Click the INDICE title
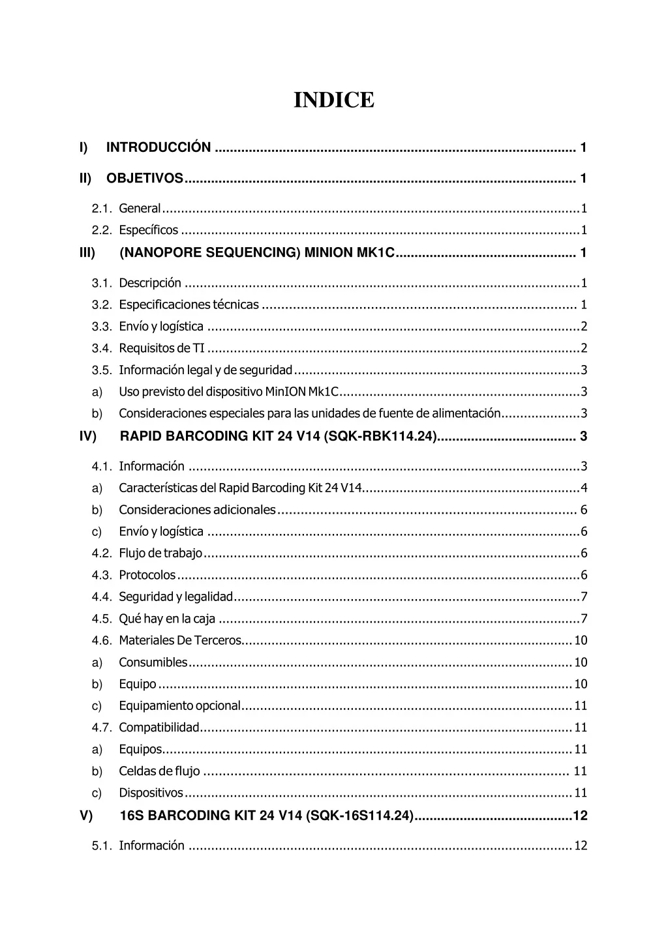pos(334,100)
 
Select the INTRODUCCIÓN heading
pos(159,147)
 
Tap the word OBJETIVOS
pos(145,178)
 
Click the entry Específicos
pos(148,230)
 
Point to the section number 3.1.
pos(102,283)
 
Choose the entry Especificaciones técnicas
pos(189,304)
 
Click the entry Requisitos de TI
pos(162,348)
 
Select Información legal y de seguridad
pos(205,370)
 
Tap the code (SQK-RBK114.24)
pos(380,436)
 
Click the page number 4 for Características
pos(584,488)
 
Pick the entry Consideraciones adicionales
pos(197,510)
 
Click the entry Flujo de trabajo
pos(160,553)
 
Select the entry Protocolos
pos(147,575)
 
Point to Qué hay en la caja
pos(167,619)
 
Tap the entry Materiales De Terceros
pos(179,640)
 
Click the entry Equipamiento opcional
pos(179,705)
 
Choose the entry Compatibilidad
pos(159,728)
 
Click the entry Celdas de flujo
pos(159,771)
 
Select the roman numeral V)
pos(86,816)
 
